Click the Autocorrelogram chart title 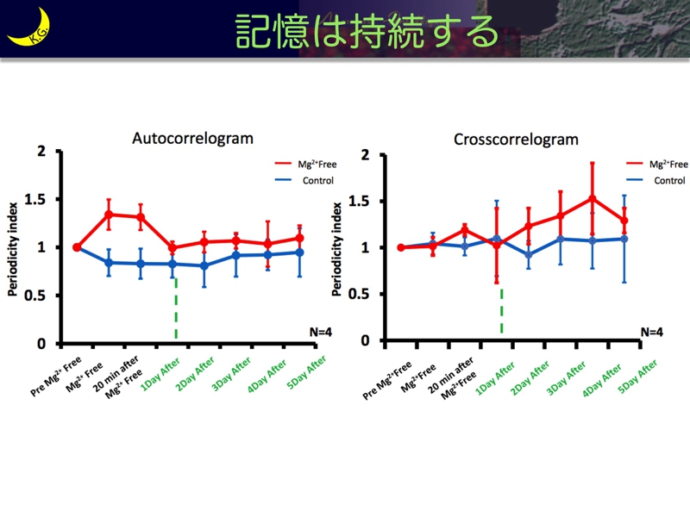point(192,138)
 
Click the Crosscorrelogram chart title point(516,140)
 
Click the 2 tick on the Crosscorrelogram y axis point(365,155)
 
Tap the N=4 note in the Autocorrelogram point(320,331)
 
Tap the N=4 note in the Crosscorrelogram point(651,332)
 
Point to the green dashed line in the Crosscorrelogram point(501,311)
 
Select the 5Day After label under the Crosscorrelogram point(640,377)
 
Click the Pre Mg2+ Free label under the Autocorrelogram point(57,376)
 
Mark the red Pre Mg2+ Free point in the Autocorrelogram point(77,247)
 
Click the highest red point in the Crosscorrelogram point(591,198)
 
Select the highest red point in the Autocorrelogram point(110,214)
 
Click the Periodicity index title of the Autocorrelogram point(13,247)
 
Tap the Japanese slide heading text point(367,32)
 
